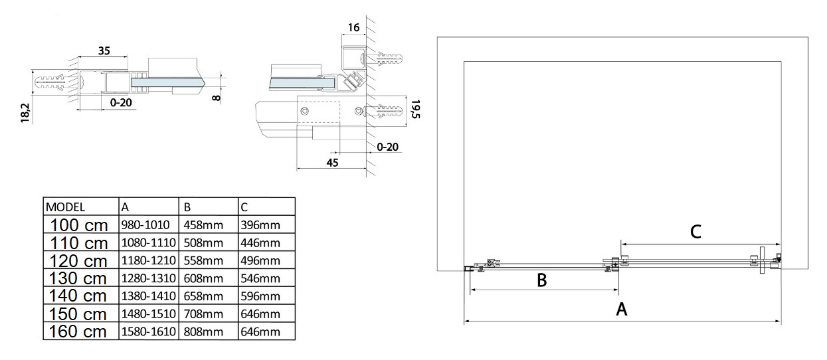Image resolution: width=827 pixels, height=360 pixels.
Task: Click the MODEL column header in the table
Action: coord(64,206)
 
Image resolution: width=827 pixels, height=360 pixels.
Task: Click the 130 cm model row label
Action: coord(78,278)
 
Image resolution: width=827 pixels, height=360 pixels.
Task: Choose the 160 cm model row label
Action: coord(78,331)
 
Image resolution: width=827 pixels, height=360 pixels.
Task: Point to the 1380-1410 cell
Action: coord(147,296)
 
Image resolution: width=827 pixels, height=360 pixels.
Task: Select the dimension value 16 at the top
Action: coord(353,27)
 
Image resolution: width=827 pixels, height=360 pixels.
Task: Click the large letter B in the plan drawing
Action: coord(541,280)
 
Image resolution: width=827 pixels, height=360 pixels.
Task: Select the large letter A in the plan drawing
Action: coord(622,309)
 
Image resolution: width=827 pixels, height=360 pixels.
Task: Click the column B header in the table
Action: coord(184,206)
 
